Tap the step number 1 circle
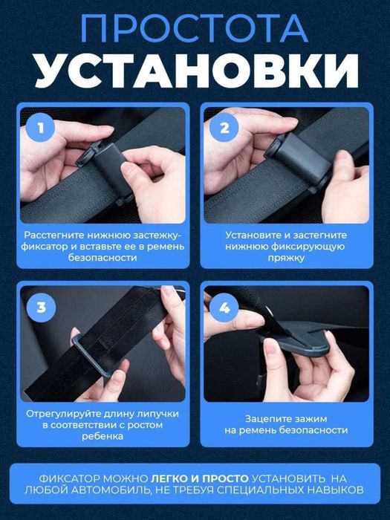42,128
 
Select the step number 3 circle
42,307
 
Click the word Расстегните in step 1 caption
54,233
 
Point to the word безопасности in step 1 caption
103,257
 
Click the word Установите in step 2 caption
253,233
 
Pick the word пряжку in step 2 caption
286,257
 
